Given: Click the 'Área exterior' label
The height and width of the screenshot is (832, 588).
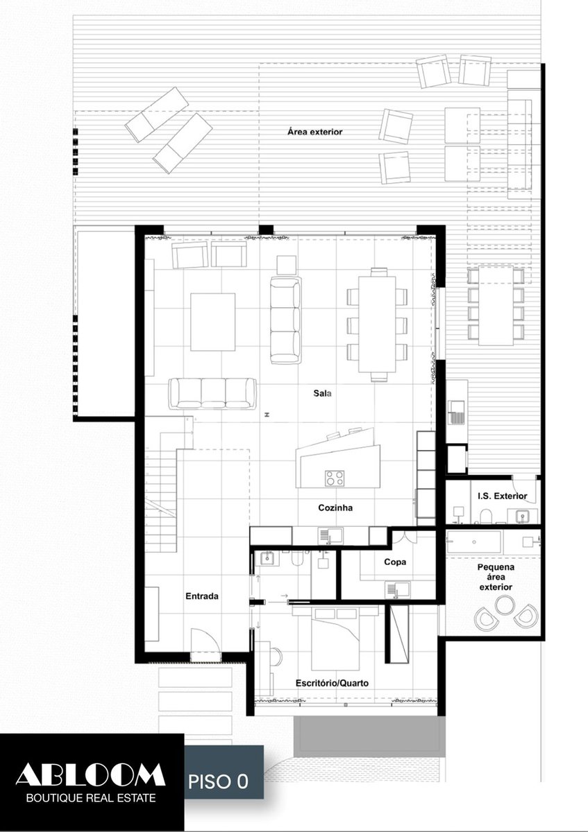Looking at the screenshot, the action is tap(314, 132).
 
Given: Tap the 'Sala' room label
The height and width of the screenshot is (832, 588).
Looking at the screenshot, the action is tap(322, 393).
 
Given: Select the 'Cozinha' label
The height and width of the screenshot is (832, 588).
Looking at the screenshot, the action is tap(335, 508).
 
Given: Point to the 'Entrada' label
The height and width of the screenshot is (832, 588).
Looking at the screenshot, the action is tap(202, 596).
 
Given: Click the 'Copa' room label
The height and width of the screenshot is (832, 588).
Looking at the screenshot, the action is tap(395, 562).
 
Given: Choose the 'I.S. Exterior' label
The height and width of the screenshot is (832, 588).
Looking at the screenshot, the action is tap(503, 496).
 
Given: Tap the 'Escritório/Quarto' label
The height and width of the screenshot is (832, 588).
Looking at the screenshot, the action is tap(332, 683).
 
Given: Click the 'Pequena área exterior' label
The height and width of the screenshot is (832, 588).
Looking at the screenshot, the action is tap(496, 577).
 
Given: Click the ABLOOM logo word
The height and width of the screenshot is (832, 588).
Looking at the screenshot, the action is tap(90, 774).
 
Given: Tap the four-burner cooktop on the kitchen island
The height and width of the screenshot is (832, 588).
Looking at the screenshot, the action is tap(335, 478).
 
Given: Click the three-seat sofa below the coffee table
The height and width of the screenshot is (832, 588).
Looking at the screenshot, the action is tap(212, 394).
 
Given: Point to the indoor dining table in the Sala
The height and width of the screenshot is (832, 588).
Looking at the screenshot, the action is tap(377, 324).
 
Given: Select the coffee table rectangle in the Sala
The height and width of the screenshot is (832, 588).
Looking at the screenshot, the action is tap(212, 322).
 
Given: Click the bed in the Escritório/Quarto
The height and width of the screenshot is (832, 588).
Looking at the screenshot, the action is tap(335, 639).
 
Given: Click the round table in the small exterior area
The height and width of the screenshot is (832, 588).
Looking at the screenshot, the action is tap(505, 605).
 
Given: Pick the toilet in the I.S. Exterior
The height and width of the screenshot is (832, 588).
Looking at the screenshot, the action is tap(485, 517).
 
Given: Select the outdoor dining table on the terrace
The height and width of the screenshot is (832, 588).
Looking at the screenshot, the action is tap(496, 305).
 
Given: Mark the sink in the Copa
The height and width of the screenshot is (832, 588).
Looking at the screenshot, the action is tap(398, 590).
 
